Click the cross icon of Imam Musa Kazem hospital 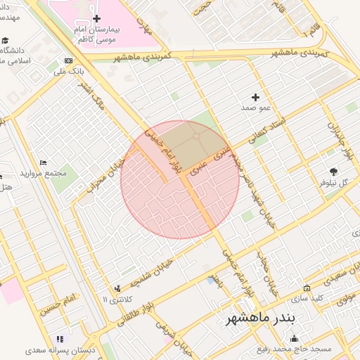click(x=96, y=18)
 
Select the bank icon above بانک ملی click(x=68, y=60)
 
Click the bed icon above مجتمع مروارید click(x=44, y=162)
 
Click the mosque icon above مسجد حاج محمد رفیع click(x=294, y=339)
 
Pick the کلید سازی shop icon click(x=307, y=288)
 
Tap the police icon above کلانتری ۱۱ click(x=117, y=288)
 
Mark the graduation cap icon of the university click(x=6, y=41)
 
